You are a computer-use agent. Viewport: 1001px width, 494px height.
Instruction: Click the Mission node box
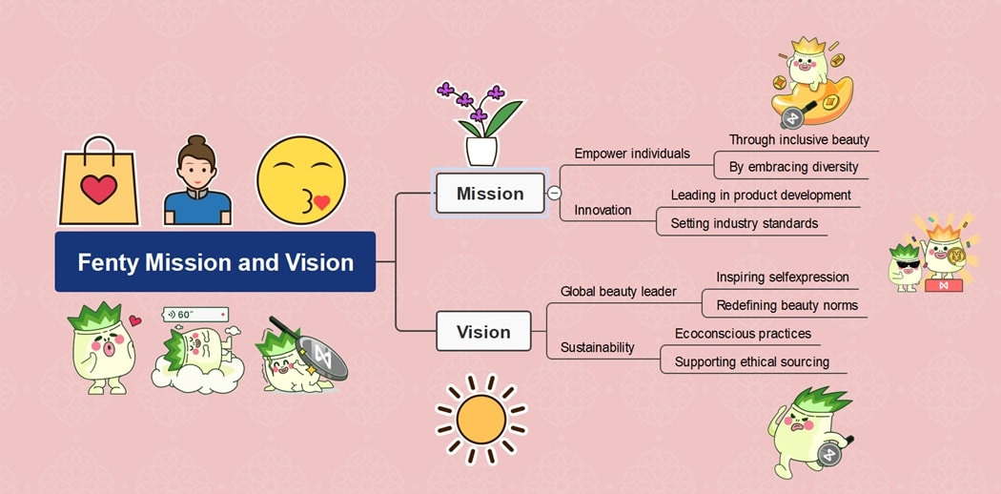pos(490,194)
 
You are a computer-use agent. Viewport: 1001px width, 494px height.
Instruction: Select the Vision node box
pos(483,332)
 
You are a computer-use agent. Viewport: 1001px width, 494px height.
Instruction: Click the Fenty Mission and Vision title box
pos(215,262)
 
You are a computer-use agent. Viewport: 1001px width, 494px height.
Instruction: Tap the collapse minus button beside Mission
pos(554,193)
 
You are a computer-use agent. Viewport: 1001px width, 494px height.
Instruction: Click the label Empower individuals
pos(632,154)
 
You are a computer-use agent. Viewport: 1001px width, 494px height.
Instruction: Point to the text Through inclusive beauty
pos(799,140)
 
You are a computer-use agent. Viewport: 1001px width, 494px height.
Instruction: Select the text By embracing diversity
pos(793,167)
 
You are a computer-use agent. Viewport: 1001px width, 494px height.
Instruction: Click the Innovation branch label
pos(603,210)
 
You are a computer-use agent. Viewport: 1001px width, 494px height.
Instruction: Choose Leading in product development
pos(761,196)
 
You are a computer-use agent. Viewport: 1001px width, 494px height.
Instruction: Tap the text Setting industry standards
pos(744,224)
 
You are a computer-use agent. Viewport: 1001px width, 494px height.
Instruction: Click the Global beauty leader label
pos(619,292)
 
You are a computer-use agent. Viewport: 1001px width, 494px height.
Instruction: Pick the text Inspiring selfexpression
pos(782,278)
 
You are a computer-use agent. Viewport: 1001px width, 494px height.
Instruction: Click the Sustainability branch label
pos(597,347)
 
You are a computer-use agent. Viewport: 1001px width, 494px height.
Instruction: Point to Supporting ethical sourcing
pos(751,362)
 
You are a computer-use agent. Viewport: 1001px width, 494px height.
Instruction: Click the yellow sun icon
pos(480,419)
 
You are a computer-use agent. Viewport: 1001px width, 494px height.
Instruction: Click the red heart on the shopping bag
pos(98,190)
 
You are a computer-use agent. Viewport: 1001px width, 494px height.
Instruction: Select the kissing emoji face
pos(300,181)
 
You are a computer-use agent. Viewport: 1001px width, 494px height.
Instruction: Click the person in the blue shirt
pos(197,181)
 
